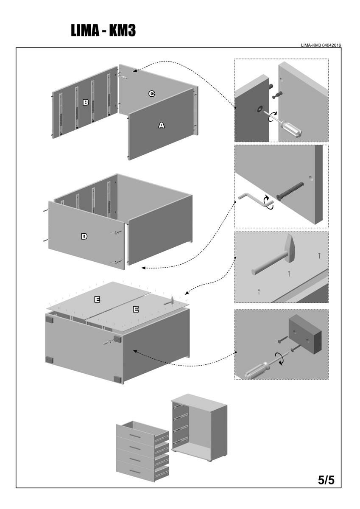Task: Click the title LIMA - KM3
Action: click(x=103, y=31)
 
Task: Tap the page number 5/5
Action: click(x=326, y=480)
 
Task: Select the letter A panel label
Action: click(x=161, y=125)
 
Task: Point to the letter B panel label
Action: click(x=85, y=102)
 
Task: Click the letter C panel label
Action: click(x=151, y=93)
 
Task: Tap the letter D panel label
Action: click(x=84, y=236)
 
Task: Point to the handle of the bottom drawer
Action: click(x=135, y=471)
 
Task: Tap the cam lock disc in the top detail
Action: click(x=259, y=109)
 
